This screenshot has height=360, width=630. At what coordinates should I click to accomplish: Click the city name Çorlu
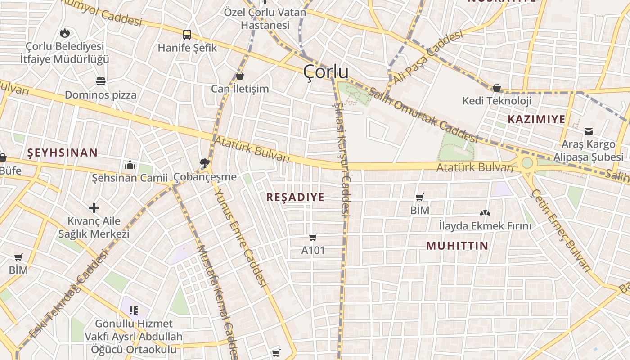click(x=326, y=72)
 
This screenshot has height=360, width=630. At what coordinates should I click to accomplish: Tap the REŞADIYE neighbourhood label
click(x=295, y=198)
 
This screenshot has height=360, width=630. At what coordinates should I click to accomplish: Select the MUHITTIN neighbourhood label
click(x=457, y=246)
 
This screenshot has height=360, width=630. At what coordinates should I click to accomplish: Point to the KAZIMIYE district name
click(x=536, y=119)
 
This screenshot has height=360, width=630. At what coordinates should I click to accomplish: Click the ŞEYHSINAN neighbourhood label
click(x=63, y=153)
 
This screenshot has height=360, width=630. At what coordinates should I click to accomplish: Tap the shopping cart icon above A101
click(x=313, y=237)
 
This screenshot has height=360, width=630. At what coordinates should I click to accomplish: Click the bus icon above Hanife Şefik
click(x=187, y=34)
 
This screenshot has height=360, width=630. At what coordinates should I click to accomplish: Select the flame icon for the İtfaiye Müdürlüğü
click(x=65, y=32)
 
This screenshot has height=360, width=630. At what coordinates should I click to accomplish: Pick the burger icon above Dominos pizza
click(x=101, y=81)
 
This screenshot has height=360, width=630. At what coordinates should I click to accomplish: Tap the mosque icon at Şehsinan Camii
click(x=130, y=165)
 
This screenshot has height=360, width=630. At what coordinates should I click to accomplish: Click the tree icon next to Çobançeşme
click(x=205, y=163)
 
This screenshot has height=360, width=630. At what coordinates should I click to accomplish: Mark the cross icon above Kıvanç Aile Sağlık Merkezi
click(x=94, y=208)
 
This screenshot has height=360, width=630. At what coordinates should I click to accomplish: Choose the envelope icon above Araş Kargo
click(x=588, y=131)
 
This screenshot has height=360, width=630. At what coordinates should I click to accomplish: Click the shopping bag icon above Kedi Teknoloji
click(x=497, y=88)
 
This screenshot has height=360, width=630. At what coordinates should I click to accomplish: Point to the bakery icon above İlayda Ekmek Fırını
click(x=485, y=213)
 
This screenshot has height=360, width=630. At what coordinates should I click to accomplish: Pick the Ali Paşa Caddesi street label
click(x=427, y=58)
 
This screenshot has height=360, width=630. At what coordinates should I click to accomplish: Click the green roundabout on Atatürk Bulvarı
click(x=526, y=163)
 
